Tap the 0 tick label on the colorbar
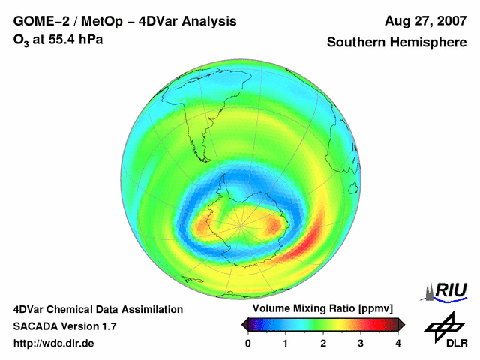coord(248,343)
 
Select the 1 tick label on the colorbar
coord(286,343)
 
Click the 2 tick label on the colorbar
coord(323,343)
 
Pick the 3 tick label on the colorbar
coord(361,343)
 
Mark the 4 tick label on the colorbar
coord(398,343)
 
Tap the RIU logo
coord(447,290)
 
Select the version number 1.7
coord(106,326)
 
